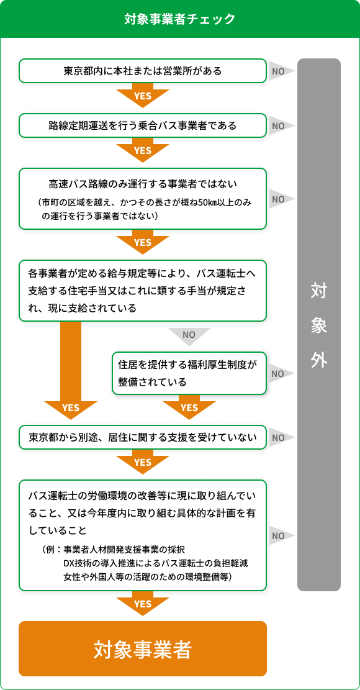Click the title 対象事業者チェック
point(180,19)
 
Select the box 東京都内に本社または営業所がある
point(142,70)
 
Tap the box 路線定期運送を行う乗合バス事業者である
point(142,125)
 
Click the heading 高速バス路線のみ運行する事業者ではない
point(142,183)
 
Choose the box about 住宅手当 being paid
point(142,291)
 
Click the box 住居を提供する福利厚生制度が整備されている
point(189,373)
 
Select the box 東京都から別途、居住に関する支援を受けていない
point(142,437)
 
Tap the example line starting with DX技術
point(159,564)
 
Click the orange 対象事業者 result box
point(142,648)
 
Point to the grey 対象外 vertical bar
point(319,325)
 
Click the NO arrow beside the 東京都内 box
point(282,71)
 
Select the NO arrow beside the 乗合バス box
point(282,126)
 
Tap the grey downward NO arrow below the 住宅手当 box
point(189,336)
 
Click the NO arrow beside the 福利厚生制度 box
point(282,374)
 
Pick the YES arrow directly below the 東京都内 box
point(142,95)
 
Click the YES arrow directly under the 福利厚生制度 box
point(189,407)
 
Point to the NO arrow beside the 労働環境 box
point(282,535)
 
